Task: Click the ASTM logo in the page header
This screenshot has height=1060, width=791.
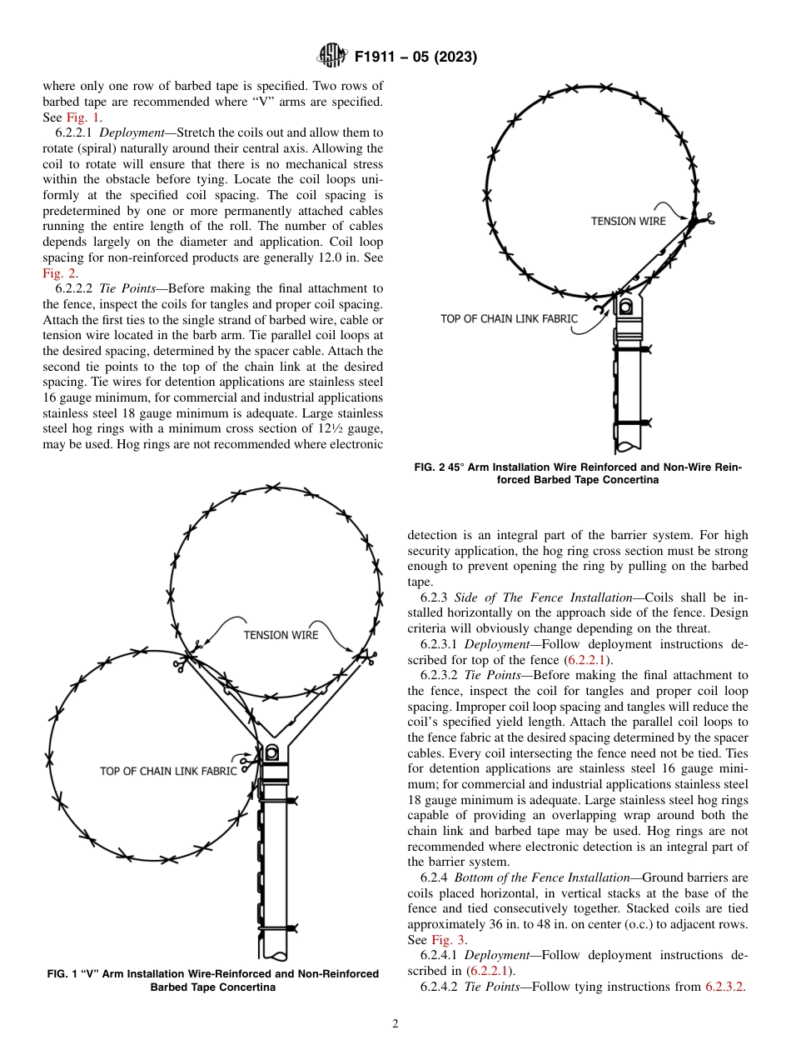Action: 332,57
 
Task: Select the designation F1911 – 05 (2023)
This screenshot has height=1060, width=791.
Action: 415,57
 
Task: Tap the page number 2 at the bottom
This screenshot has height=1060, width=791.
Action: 395,1024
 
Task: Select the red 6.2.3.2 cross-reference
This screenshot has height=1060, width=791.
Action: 724,986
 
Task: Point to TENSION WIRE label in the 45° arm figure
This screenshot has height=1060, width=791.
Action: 628,221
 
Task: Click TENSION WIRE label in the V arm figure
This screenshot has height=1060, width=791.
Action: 281,635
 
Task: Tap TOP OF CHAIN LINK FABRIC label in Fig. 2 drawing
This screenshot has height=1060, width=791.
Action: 509,318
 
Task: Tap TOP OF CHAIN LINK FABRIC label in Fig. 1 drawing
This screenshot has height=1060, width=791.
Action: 168,771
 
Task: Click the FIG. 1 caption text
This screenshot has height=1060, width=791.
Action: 213,980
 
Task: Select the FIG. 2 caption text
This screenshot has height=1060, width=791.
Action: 577,473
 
